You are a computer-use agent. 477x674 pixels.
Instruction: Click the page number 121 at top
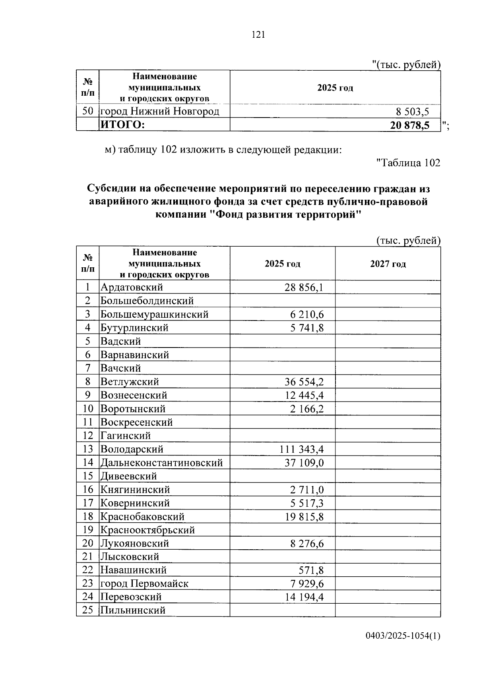[258, 35]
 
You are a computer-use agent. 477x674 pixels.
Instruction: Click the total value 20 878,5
[409, 126]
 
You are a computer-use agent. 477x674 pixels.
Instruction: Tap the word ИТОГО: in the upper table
[122, 125]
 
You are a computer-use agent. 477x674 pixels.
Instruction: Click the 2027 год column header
[388, 264]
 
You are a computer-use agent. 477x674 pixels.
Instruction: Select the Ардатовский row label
[132, 287]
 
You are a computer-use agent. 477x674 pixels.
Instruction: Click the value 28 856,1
[304, 287]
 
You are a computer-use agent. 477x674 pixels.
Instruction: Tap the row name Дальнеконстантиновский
[161, 463]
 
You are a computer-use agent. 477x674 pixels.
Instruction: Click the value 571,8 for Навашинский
[311, 571]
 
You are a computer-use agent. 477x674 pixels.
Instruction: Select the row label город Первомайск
[144, 584]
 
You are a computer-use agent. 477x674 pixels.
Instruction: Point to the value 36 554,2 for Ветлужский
[304, 382]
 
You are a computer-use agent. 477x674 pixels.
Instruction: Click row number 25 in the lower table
[87, 610]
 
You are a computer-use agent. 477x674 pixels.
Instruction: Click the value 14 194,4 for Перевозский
[304, 597]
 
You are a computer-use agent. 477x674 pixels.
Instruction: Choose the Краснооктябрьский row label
[147, 530]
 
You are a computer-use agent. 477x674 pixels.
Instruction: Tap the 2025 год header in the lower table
[282, 264]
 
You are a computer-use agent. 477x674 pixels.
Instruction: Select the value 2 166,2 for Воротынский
[306, 409]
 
